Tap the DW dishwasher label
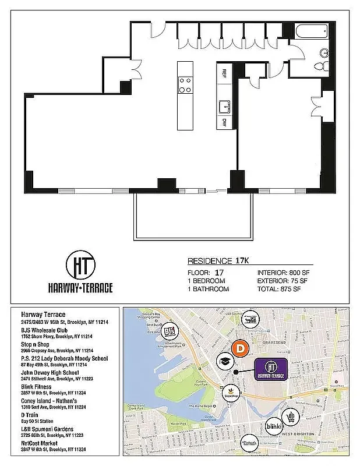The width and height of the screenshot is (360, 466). pyautogui.click(x=224, y=123)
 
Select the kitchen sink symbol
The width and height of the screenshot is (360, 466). pyautogui.click(x=224, y=106)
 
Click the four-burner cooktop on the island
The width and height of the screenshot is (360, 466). pyautogui.click(x=185, y=85)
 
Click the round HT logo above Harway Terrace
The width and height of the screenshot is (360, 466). pyautogui.click(x=80, y=266)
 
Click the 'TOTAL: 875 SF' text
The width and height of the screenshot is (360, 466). pyautogui.click(x=279, y=289)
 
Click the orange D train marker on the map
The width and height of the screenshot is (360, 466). pyautogui.click(x=239, y=349)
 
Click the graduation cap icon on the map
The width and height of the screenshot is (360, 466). pyautogui.click(x=223, y=362)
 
